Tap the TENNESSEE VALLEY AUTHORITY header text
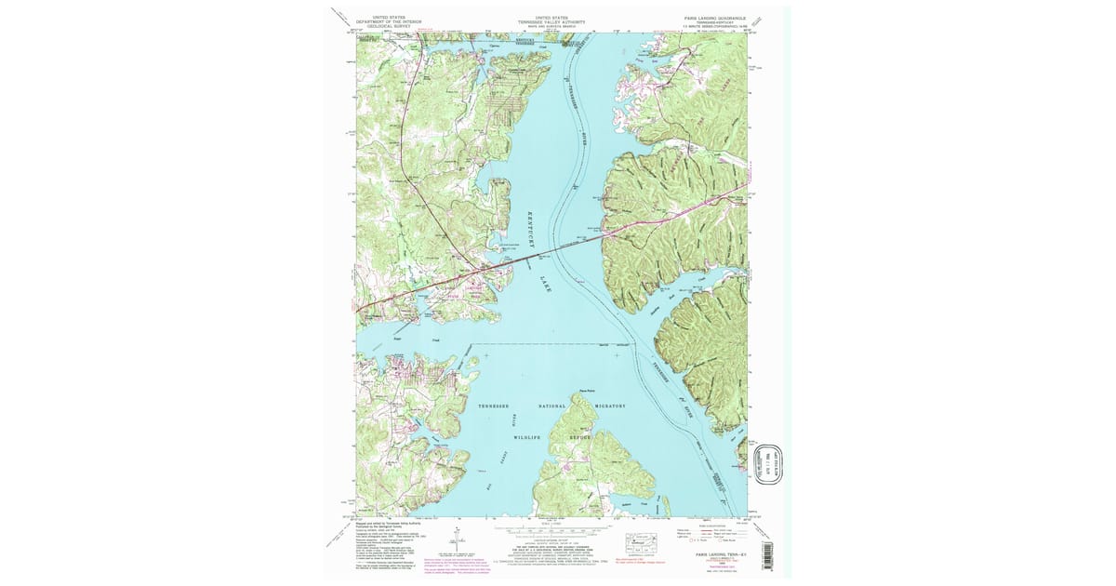(x=549, y=20)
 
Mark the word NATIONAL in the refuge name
(x=552, y=406)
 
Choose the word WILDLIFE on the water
(x=528, y=435)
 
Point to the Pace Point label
(x=587, y=391)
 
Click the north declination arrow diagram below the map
(x=457, y=539)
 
